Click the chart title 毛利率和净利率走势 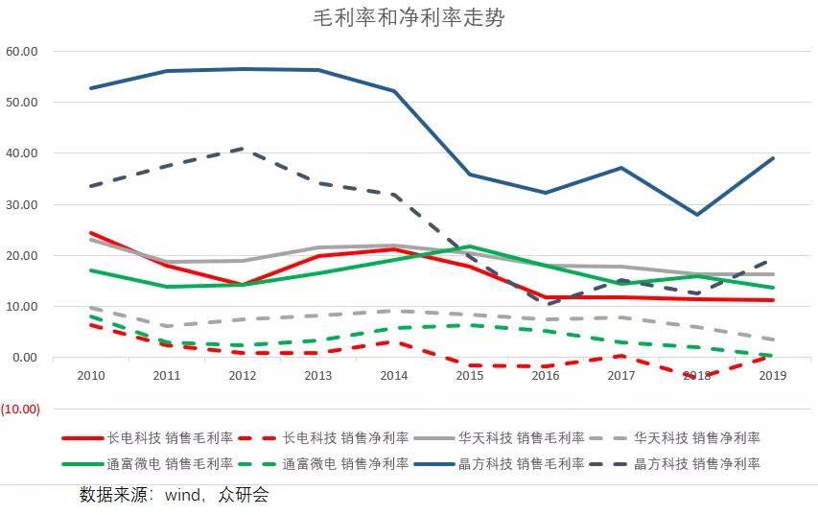point(409,18)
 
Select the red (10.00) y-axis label point(20,409)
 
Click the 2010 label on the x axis point(90,376)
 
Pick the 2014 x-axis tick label point(394,376)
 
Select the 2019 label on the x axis point(773,376)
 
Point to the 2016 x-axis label point(546,376)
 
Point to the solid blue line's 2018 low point point(697,215)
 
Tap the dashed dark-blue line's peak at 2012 point(243,149)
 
